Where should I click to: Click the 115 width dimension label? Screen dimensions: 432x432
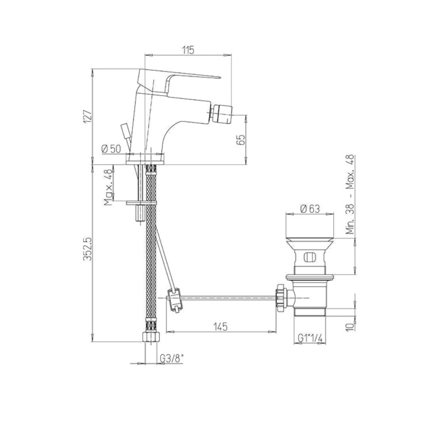188,50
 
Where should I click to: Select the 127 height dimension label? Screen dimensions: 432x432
87,116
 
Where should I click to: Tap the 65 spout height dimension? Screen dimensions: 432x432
240,140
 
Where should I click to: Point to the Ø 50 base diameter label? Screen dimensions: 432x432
111,149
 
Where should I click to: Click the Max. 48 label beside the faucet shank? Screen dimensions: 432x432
109,187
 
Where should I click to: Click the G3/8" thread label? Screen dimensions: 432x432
172,359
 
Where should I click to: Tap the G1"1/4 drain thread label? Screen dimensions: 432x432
310,338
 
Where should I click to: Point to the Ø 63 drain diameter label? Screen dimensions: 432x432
310,209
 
